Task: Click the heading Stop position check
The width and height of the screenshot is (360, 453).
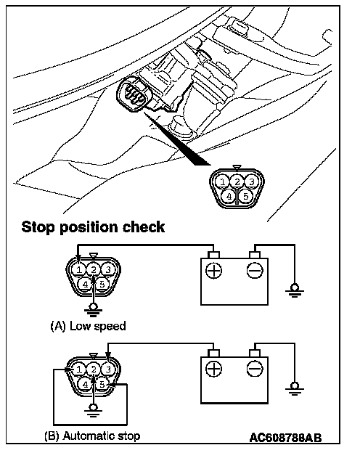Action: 93,227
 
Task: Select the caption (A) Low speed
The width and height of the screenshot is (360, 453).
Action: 88,326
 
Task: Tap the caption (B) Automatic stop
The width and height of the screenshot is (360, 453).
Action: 92,436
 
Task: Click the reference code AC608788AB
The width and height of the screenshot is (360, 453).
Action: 285,438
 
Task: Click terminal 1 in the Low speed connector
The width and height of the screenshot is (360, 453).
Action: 79,270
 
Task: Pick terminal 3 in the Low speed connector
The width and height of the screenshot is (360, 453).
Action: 107,269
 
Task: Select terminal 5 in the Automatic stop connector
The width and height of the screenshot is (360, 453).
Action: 102,384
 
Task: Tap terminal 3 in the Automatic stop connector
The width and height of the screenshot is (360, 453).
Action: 107,370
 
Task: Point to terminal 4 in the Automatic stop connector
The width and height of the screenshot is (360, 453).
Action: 85,385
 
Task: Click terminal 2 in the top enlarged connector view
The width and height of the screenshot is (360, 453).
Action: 237,182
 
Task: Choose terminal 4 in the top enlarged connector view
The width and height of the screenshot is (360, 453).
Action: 229,197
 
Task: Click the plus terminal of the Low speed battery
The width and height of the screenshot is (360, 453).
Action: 214,271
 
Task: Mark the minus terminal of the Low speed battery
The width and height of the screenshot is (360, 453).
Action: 255,271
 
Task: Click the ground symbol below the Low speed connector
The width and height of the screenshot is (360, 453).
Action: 93,309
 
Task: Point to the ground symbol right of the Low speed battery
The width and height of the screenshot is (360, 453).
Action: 295,290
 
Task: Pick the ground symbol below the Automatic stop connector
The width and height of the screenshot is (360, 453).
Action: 93,409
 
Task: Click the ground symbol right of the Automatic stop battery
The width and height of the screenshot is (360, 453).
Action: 295,388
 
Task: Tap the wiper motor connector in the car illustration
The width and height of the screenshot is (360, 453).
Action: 133,92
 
